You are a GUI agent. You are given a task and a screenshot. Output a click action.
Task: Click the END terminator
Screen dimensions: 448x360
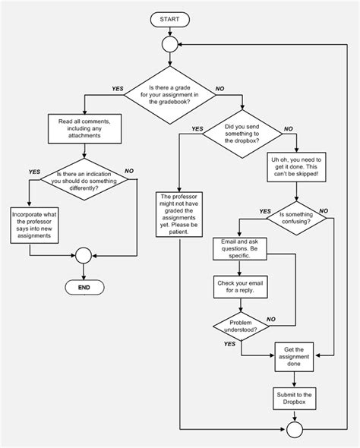point(84,288)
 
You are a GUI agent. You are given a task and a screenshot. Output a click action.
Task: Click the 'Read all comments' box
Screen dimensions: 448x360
point(84,129)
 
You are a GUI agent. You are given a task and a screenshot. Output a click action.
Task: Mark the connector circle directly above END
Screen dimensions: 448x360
point(84,256)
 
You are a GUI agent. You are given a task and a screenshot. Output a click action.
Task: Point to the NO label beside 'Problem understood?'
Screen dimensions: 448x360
point(271,319)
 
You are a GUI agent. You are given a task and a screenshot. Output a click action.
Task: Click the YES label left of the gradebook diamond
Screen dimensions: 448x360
point(118,89)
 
